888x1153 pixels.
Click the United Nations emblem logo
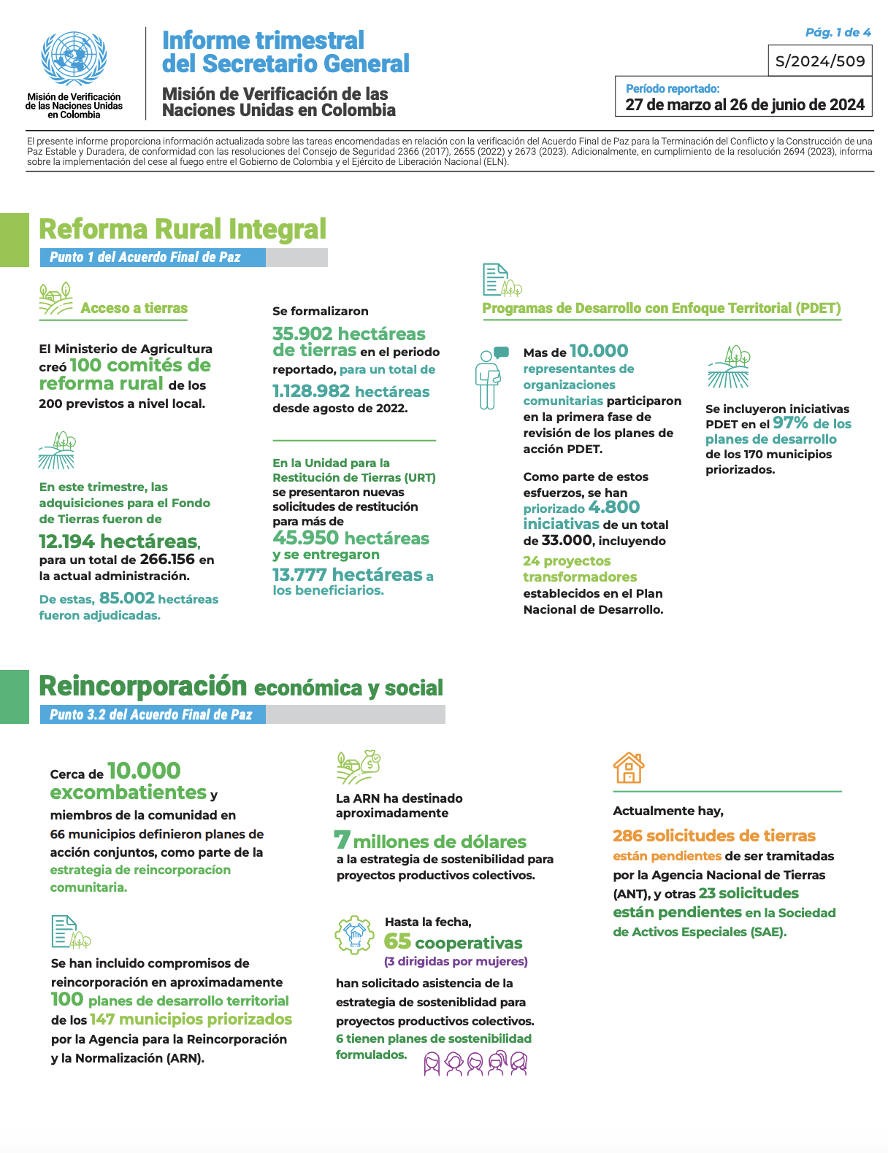coord(74,58)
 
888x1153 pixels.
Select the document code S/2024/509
coord(820,61)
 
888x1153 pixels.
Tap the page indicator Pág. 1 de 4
coord(838,32)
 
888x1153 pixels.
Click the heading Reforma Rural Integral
coord(183,229)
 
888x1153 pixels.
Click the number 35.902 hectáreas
coord(348,334)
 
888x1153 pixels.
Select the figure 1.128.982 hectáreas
coord(351,391)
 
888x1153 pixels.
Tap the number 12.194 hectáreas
coord(118,541)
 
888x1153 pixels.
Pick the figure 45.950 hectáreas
coord(351,539)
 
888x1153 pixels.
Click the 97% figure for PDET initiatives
coord(790,423)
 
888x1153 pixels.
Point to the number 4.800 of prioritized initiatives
coord(613,507)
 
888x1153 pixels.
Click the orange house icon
coord(629,768)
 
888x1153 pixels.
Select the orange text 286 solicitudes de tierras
coord(713,836)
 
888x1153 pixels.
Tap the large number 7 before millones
coord(342,840)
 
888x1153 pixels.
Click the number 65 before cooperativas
coord(397,941)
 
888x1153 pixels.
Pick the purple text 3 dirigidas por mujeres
coord(456,961)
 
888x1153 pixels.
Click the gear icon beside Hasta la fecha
coord(354,935)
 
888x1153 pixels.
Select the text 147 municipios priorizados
coord(191,1019)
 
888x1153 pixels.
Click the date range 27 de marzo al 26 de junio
coord(745,104)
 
